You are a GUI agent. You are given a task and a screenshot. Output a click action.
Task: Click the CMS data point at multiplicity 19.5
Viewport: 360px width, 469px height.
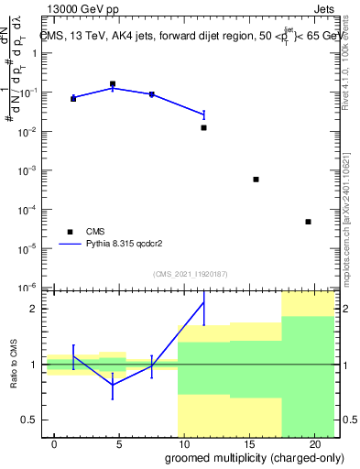pos(308,222)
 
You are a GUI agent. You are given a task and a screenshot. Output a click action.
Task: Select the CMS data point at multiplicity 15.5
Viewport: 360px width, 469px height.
pos(256,180)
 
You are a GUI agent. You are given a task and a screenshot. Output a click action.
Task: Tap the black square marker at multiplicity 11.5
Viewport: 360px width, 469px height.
pos(203,128)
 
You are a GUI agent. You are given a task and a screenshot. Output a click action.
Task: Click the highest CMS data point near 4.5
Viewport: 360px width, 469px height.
pos(113,83)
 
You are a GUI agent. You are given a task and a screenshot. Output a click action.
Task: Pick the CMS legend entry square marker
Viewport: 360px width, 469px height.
pos(69,232)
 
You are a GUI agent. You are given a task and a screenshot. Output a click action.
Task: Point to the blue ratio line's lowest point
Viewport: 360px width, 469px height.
pos(113,385)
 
